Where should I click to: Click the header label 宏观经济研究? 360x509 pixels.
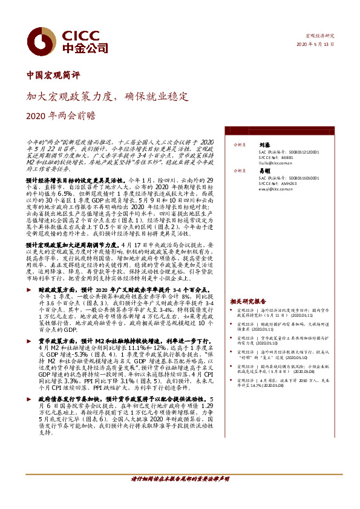tap(320, 36)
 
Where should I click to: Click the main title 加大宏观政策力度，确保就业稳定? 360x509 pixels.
tap(108, 96)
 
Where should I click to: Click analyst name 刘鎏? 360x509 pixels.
tap(264, 145)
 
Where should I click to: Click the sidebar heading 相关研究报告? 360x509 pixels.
tap(248, 300)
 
